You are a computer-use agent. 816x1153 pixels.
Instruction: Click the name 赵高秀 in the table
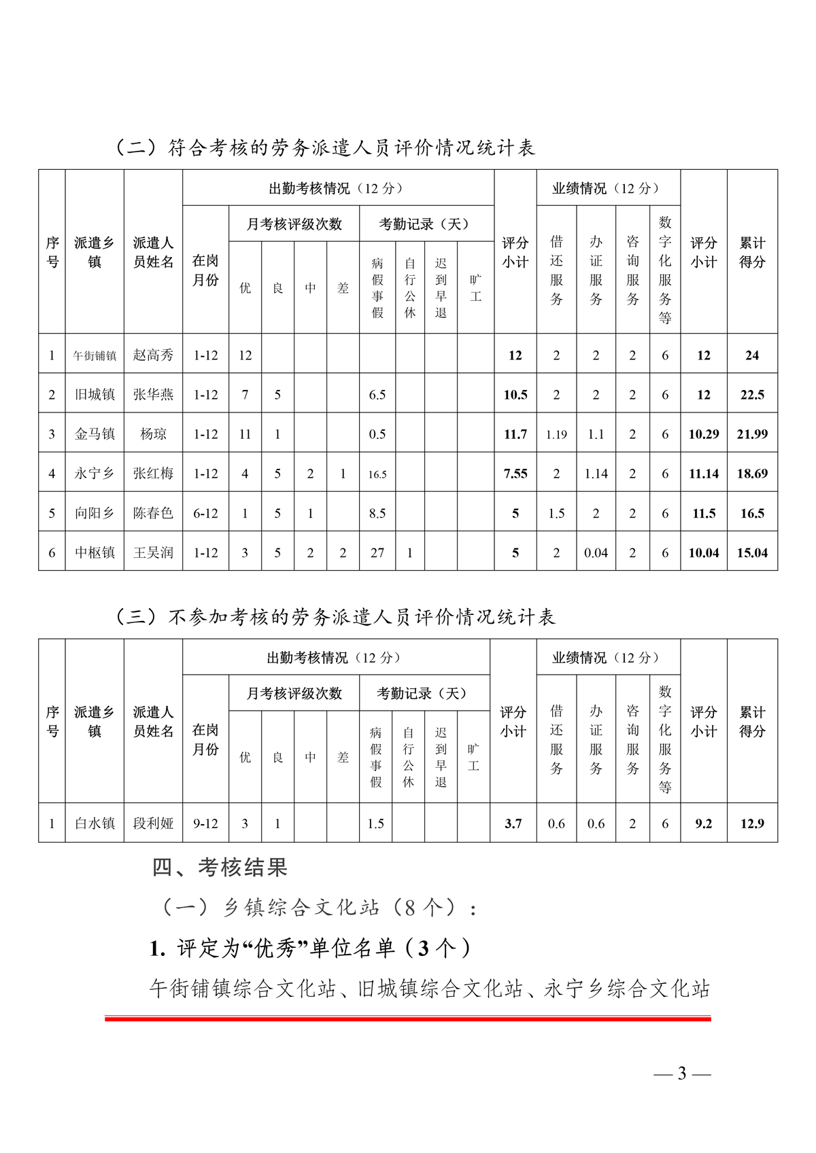(153, 355)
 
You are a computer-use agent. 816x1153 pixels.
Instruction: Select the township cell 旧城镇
(95, 394)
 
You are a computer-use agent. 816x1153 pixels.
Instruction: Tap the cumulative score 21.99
(752, 434)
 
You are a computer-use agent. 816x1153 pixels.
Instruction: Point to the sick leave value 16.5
(377, 474)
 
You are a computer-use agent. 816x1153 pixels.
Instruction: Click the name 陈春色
(153, 513)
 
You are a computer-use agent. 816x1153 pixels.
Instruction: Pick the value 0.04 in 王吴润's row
(596, 553)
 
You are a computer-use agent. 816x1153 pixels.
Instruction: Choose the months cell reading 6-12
(205, 513)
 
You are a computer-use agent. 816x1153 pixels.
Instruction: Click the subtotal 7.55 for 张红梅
(515, 474)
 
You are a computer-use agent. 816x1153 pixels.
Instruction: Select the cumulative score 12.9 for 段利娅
(752, 823)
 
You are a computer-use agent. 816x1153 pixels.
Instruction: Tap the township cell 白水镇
(95, 823)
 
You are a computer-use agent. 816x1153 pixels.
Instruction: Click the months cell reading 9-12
(205, 823)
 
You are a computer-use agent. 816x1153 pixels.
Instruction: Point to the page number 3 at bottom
(682, 1074)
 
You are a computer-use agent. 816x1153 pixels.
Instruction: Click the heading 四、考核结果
(220, 867)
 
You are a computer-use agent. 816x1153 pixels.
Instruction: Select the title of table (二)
(325, 147)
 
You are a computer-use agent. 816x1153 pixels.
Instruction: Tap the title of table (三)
(335, 617)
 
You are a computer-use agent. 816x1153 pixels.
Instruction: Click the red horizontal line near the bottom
(408, 1018)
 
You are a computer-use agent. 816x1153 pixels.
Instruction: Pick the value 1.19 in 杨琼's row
(556, 434)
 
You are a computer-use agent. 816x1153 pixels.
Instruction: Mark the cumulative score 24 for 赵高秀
(752, 355)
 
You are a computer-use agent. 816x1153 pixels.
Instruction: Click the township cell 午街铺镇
(95, 355)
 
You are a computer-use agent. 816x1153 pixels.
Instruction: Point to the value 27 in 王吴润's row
(377, 553)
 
